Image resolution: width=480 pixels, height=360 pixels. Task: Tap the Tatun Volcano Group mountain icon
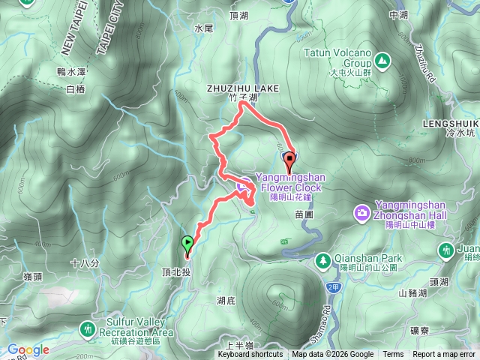[x=382, y=58]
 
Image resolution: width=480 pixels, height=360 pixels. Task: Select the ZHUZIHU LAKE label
[x=242, y=88]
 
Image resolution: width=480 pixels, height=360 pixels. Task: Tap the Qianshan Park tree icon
[x=323, y=259]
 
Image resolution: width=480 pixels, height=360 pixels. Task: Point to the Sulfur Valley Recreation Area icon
[x=89, y=328]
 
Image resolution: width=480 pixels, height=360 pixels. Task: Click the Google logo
[x=28, y=349]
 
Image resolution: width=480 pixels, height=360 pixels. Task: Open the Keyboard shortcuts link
[x=250, y=355]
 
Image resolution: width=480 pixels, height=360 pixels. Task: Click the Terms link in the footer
[x=393, y=355]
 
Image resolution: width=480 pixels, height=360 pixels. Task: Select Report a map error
[x=445, y=355]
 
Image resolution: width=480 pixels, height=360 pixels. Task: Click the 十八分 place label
[x=84, y=263]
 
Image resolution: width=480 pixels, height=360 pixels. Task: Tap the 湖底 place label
[x=226, y=300]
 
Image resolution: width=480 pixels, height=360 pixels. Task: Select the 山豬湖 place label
[x=412, y=293]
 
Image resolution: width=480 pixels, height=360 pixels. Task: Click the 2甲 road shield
[x=333, y=287]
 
